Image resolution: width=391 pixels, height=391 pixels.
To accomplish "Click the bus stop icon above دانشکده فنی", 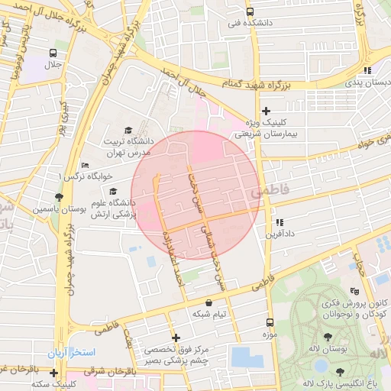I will pos(250,11).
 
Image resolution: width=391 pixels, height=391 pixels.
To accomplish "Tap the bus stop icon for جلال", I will pos(53,53).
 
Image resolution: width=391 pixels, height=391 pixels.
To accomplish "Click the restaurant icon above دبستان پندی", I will pos(367,70).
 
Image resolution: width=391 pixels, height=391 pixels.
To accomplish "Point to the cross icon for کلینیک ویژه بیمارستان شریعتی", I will pos(266,111).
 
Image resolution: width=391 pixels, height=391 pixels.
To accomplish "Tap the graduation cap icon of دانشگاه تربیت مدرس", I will pos(128,131).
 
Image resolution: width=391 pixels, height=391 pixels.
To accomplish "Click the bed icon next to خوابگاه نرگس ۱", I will pos(85,165).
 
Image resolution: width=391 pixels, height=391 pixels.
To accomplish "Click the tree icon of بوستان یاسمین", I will pos(59,197).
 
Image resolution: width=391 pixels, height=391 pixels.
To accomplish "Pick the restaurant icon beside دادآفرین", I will pos(280,222).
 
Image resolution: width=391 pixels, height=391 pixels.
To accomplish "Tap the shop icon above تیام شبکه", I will pos(209,303).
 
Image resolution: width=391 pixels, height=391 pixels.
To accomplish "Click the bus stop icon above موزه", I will pos(269,323).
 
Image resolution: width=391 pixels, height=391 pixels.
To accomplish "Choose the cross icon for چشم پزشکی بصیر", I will pos(176,338).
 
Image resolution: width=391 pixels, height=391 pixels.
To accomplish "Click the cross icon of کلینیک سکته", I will pos(53,373).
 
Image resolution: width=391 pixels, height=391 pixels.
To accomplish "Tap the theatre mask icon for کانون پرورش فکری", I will pos(354,291).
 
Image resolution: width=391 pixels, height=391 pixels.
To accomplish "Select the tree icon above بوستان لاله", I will pos(328,337).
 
